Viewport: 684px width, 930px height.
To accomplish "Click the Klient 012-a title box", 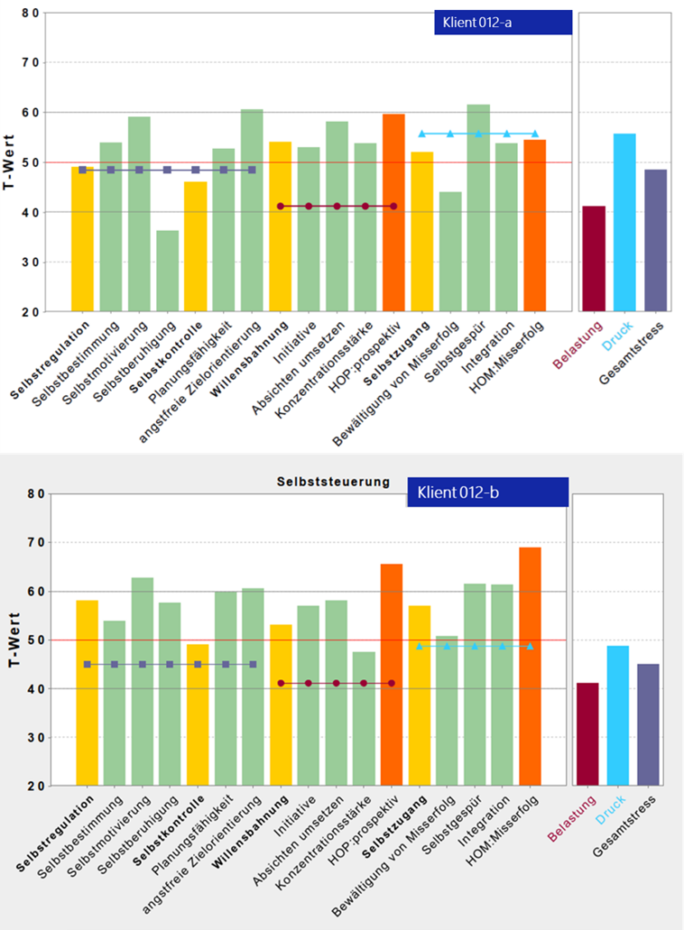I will tap(503, 23).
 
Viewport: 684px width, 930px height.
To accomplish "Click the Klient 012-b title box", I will tap(488, 492).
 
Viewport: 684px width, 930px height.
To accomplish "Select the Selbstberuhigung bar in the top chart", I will tap(167, 271).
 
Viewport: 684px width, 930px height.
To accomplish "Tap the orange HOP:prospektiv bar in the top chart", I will tap(394, 213).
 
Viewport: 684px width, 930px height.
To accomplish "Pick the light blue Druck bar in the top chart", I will tap(624, 223).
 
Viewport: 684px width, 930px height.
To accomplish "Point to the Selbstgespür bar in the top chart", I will tap(478, 208).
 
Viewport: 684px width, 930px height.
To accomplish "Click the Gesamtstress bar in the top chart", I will tap(655, 241).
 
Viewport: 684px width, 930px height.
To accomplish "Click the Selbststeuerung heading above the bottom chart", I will tap(333, 481).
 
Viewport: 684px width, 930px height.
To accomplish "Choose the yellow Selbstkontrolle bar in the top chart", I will tap(195, 246).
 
